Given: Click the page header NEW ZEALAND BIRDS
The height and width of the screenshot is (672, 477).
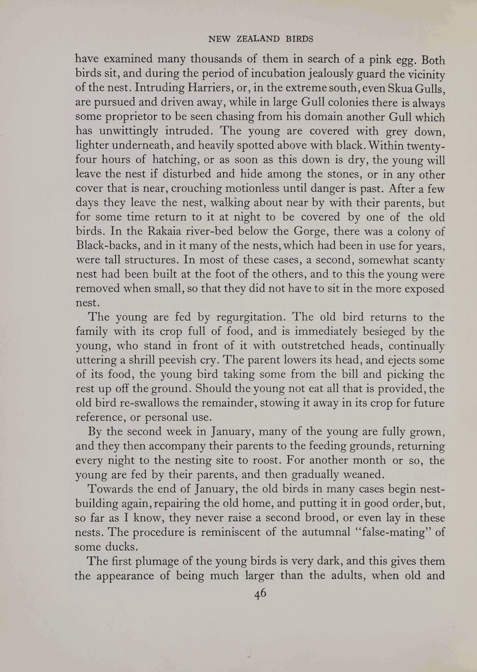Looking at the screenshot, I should (260, 39).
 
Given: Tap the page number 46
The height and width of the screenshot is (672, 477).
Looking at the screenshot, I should (260, 593).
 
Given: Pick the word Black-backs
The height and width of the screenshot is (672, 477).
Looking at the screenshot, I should (110, 246).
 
